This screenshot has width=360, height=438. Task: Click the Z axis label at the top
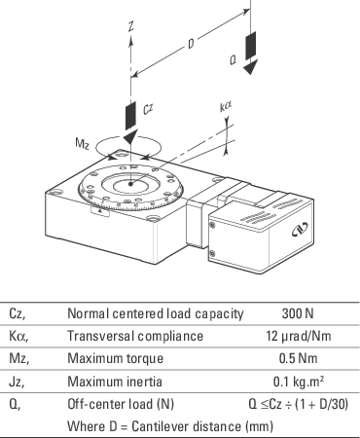131,26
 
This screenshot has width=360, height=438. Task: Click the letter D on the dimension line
192,44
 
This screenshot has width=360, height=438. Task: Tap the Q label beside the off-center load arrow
233,60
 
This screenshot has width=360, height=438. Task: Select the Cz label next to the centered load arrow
148,109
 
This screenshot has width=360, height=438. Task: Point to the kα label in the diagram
226,106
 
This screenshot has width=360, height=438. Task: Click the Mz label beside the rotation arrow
82,143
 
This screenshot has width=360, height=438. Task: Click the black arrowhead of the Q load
250,67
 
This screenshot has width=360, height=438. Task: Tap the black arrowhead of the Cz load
130,136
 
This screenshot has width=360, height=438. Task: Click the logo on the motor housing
300,229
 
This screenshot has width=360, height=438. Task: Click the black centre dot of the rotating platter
130,184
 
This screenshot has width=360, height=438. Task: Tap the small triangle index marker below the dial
100,211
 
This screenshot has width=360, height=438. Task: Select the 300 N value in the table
298,313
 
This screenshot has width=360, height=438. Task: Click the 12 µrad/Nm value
299,336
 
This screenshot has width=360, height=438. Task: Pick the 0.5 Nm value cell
298,358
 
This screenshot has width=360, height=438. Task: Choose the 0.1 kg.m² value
299,382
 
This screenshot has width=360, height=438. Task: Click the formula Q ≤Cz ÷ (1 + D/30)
299,404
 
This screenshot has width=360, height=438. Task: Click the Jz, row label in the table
17,382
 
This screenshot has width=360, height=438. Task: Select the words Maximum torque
115,359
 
